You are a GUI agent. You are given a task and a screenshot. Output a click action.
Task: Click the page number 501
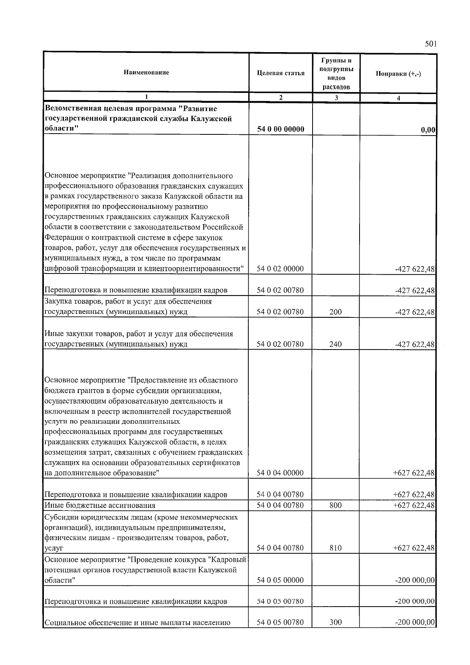(x=430, y=44)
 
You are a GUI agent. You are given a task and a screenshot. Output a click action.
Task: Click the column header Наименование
(x=146, y=72)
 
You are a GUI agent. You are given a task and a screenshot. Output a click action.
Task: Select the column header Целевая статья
(x=280, y=73)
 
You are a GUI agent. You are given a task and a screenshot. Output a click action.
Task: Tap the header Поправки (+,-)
(x=398, y=74)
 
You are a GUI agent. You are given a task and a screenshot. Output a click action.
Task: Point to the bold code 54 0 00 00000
(x=280, y=129)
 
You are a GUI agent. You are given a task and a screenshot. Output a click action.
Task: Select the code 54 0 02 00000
(x=280, y=269)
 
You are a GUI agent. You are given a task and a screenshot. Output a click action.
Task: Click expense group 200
(x=335, y=312)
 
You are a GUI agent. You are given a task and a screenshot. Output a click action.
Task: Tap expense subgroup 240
(x=335, y=344)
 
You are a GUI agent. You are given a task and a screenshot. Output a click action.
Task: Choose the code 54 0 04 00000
(x=280, y=473)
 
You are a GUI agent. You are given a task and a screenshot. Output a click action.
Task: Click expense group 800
(x=335, y=506)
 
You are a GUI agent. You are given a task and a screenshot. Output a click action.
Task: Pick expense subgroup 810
(x=335, y=548)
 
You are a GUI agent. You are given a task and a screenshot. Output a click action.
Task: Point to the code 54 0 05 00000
(x=280, y=580)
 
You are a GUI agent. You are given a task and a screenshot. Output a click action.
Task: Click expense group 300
(x=335, y=622)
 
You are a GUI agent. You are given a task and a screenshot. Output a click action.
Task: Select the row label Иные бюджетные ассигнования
(x=100, y=506)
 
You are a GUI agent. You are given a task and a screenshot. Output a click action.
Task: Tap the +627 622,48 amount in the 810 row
(x=414, y=548)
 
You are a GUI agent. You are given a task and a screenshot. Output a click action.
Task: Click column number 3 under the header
(x=336, y=98)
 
